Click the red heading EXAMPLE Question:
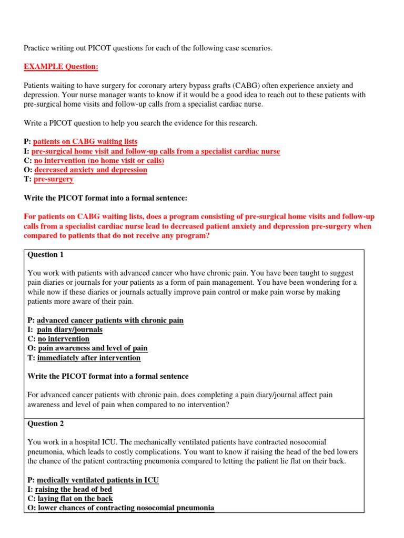[x=61, y=67]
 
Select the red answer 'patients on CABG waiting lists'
[x=85, y=142]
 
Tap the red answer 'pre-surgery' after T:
[x=54, y=179]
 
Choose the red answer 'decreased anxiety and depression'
[x=90, y=170]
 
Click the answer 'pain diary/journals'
[x=69, y=329]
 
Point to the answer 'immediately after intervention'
[x=89, y=358]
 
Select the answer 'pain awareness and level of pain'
[x=93, y=348]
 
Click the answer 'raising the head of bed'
[x=73, y=489]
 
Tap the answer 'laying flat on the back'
[x=75, y=499]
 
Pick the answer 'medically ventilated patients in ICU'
[x=97, y=480]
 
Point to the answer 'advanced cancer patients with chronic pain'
[x=110, y=320]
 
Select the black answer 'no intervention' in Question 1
[x=63, y=339]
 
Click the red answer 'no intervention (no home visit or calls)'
[x=99, y=160]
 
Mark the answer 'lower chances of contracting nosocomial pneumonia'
[x=126, y=508]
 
